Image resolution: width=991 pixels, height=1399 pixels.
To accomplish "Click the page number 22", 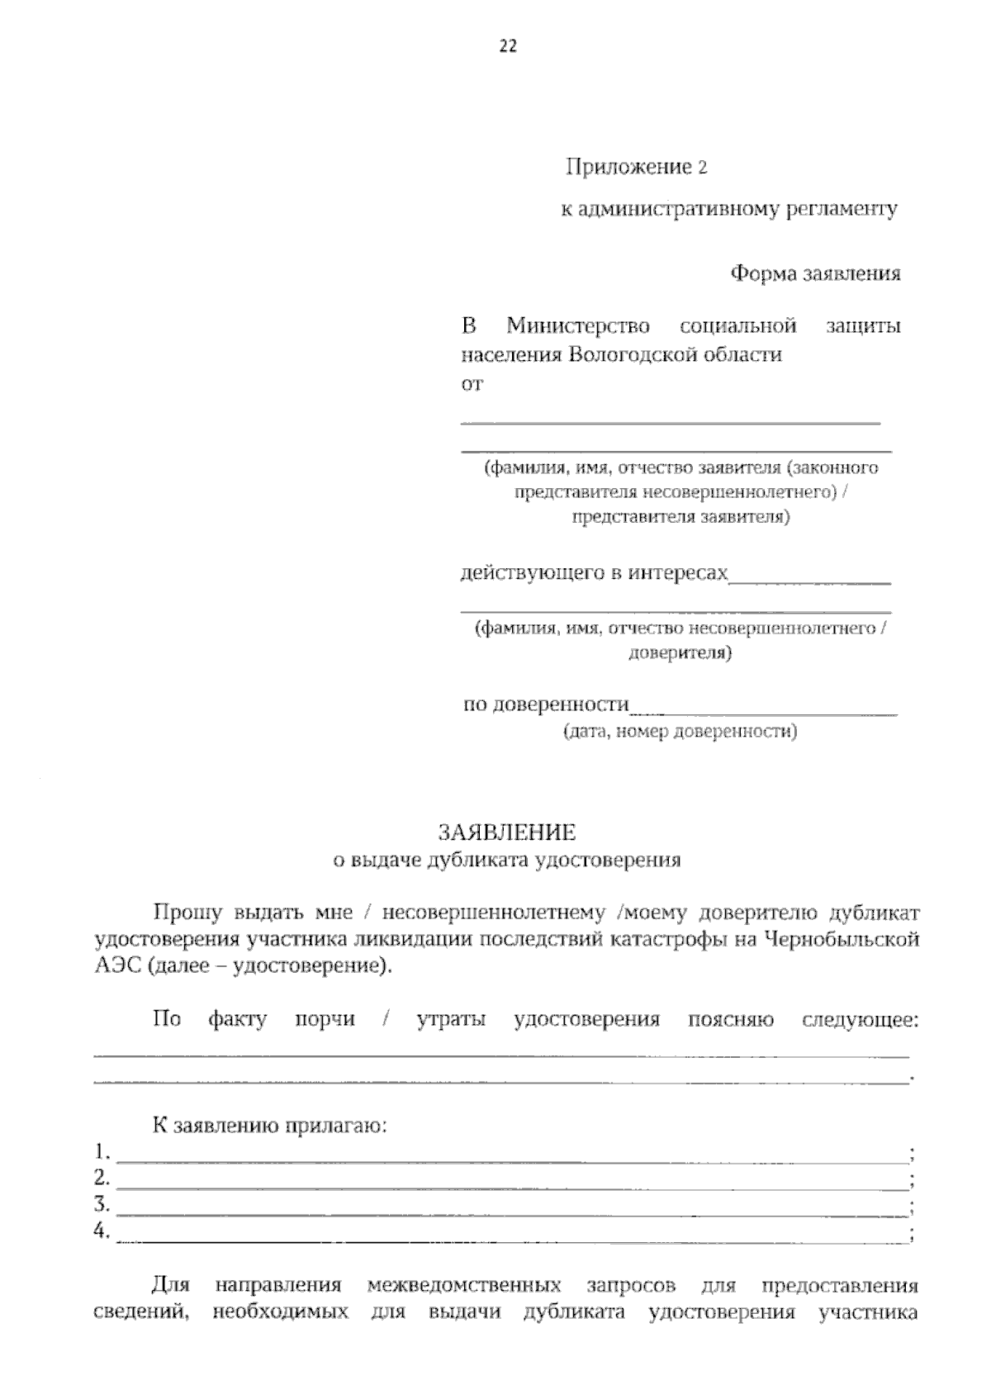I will coord(508,47).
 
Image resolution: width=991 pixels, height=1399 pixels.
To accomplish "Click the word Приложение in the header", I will coord(628,168).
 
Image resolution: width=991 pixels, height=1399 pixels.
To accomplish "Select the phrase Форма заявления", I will coord(815,273).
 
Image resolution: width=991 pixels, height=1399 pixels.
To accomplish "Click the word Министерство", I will coord(578,326).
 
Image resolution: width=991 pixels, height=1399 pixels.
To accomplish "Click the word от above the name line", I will coord(471,384).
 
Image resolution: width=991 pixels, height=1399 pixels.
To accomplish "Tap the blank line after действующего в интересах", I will coord(809,581).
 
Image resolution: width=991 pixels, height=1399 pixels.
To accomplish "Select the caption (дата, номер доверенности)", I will coord(680,732).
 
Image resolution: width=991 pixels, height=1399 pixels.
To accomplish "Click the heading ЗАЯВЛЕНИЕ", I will coord(506,831).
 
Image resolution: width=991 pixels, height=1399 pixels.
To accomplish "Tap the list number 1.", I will coord(102,1151).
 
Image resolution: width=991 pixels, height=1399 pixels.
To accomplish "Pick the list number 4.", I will coord(102,1231).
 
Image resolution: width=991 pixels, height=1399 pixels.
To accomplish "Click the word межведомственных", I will coord(464,1286).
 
